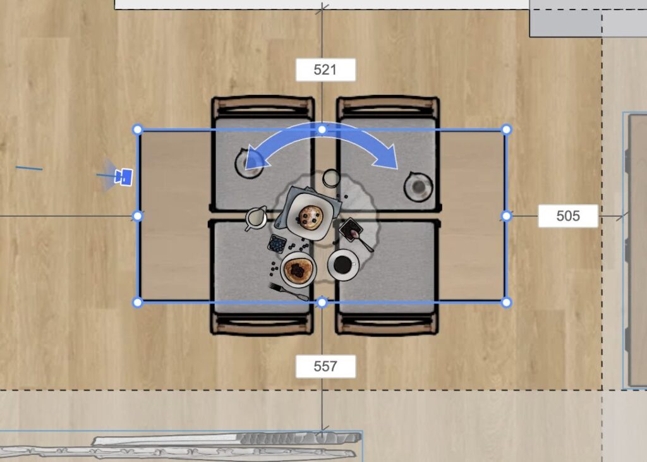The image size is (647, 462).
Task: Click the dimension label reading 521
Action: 325,70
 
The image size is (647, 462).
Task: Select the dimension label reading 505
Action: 568,216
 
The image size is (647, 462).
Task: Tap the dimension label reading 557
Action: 325,366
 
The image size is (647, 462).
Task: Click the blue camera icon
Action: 123,177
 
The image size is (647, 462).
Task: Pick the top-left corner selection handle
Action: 138,130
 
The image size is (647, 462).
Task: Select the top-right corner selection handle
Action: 506,130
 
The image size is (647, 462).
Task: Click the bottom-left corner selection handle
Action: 138,303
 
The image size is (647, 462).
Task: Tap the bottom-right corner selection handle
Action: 506,303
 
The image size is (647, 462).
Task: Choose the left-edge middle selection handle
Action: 138,216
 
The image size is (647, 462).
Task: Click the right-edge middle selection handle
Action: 506,216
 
